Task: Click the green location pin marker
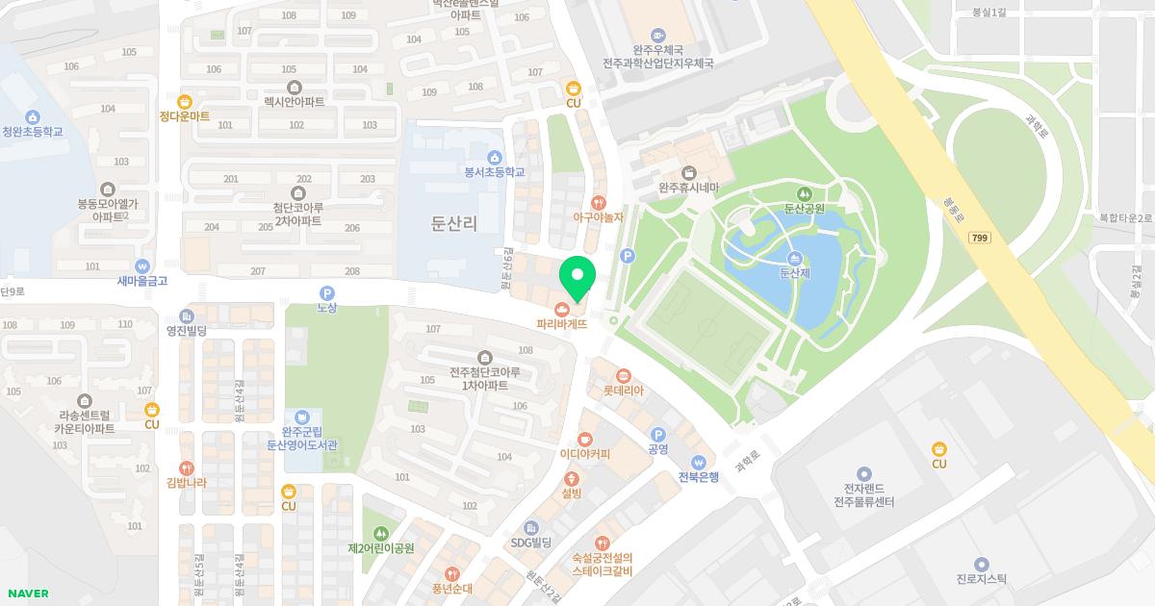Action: pos(577,277)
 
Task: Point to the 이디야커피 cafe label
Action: pos(585,454)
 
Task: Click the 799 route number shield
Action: pos(980,237)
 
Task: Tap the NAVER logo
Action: pos(28,593)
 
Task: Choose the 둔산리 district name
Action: pos(454,223)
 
